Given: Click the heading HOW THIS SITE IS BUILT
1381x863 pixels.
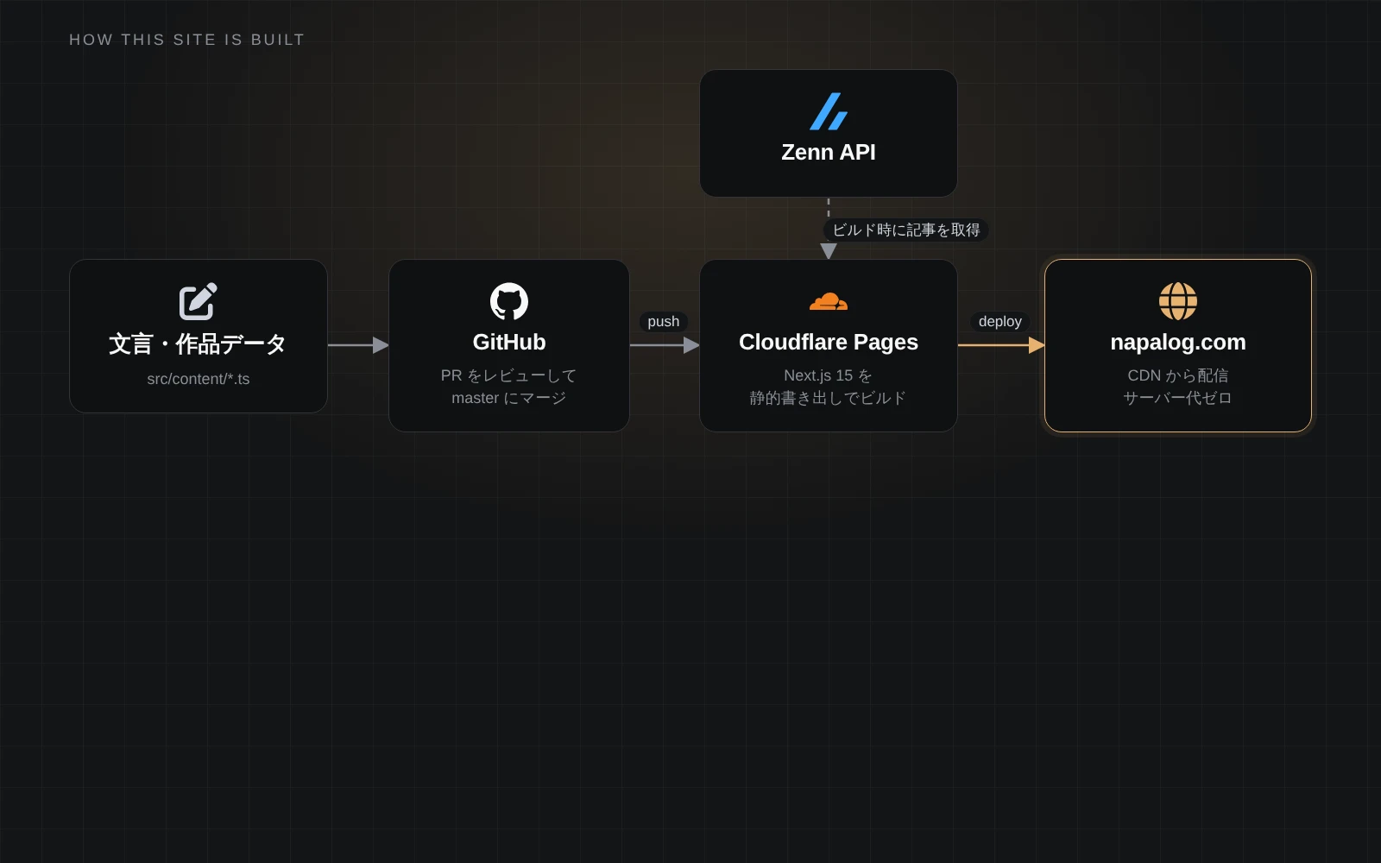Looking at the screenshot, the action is (186, 40).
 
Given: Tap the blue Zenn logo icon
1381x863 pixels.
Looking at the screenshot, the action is (828, 111).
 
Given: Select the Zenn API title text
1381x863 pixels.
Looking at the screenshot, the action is (828, 152).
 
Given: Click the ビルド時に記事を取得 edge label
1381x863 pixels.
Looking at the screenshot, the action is (905, 230).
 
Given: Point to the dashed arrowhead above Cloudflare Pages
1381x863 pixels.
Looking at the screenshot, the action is (828, 251).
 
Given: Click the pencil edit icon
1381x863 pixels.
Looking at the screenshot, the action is (198, 301).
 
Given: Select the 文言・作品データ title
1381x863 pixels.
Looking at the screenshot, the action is (198, 344).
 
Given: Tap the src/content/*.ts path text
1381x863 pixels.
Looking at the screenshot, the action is (198, 379).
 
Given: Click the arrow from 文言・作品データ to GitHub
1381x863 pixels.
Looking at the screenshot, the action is (358, 345).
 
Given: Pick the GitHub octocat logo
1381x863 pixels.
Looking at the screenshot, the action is (508, 301).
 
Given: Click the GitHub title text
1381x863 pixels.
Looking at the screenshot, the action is (508, 342).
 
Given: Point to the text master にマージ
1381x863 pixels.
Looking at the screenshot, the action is (508, 398).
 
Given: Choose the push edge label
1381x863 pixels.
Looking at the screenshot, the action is (664, 322).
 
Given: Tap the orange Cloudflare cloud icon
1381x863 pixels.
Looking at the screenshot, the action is (828, 301).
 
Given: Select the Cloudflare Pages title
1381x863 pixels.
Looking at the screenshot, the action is (828, 342).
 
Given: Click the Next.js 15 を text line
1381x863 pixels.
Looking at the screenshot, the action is (828, 375).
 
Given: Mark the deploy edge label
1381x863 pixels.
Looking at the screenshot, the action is (1000, 322).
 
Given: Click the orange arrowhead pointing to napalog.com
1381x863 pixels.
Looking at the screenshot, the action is (1037, 345).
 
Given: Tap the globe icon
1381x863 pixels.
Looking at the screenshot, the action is (1177, 301).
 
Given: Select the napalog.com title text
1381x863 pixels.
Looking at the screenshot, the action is (1177, 342).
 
